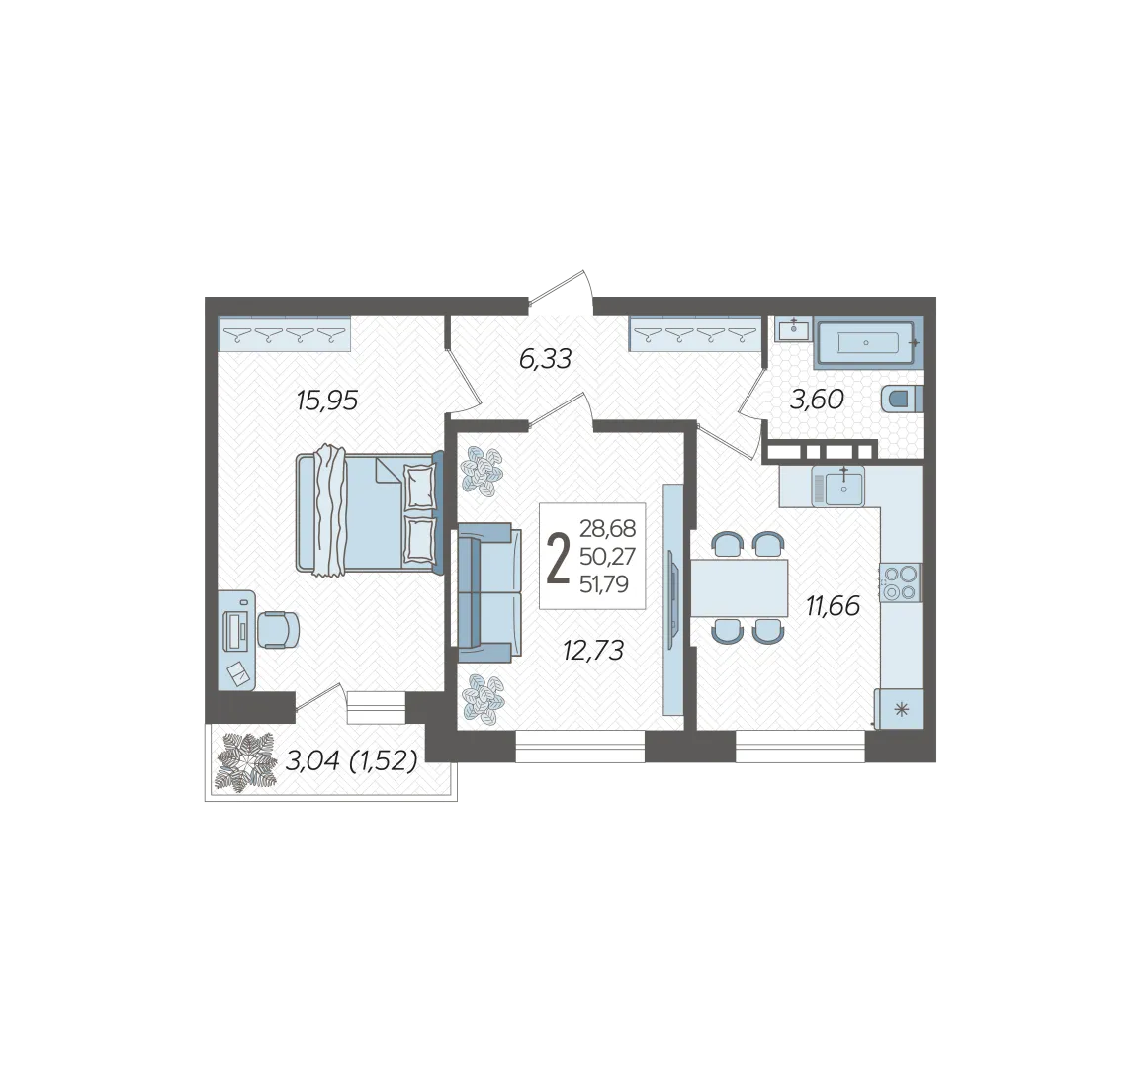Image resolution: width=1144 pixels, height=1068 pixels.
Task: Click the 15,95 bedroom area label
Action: (327, 400)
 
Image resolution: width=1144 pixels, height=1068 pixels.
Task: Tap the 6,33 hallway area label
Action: (545, 359)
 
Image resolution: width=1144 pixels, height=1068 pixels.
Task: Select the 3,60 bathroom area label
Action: (817, 400)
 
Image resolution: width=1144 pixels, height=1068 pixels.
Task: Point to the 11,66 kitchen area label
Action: (834, 605)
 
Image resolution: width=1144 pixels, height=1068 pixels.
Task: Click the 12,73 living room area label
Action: (593, 650)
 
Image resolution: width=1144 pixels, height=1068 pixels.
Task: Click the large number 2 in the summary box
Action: (558, 558)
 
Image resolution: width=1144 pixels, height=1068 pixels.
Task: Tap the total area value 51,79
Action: (603, 584)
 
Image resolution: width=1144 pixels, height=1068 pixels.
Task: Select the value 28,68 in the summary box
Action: (607, 527)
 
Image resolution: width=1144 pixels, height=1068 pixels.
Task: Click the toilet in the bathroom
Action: (902, 400)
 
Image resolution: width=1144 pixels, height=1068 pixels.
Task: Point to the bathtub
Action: (867, 342)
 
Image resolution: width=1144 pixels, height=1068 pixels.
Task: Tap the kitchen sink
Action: (839, 487)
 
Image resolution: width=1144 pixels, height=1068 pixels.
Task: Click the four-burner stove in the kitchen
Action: (901, 582)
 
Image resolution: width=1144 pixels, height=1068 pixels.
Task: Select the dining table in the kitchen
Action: (739, 588)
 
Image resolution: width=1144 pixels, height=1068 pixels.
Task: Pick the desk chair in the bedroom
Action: (278, 629)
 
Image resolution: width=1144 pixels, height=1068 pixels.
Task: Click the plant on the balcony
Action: (246, 762)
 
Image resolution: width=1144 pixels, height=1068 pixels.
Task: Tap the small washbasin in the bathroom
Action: (792, 329)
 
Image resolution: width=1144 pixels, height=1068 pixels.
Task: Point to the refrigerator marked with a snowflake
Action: (901, 708)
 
